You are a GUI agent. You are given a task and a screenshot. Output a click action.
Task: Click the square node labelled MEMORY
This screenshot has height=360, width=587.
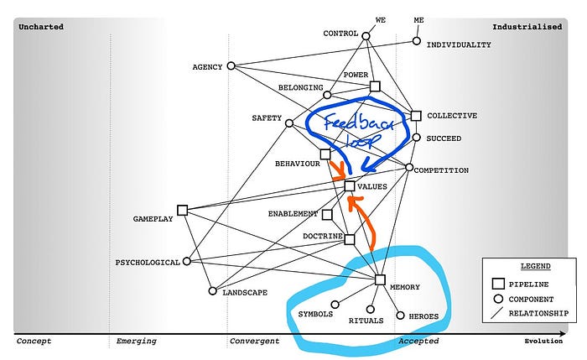point(379,280)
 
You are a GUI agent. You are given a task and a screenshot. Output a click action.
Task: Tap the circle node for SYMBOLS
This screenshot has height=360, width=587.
point(335,305)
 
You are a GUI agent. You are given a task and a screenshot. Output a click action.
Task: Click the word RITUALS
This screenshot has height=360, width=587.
point(365,321)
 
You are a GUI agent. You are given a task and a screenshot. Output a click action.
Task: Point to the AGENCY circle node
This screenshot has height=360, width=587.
point(233,66)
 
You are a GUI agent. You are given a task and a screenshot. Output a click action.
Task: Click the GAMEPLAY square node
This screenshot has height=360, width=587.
point(182,210)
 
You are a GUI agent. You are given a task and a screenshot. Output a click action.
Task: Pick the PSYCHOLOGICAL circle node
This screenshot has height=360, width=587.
point(186,262)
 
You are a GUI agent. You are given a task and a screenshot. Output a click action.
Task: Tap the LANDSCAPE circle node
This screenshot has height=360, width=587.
point(213,291)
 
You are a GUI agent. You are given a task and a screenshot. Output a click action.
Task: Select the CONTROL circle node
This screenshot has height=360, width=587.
point(366,34)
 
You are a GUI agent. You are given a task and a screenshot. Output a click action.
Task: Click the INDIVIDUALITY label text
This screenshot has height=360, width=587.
point(459,44)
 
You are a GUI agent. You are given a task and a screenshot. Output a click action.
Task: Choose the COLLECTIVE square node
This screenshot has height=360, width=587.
point(415,116)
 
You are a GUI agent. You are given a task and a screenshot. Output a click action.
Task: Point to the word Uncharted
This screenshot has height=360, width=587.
point(40,27)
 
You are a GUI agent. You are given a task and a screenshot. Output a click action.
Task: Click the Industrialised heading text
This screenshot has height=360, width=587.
point(527,27)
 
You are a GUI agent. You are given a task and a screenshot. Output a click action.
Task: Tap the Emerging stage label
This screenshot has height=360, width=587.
point(136,341)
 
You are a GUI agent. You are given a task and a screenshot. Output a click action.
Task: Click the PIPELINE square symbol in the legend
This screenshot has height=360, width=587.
point(496,284)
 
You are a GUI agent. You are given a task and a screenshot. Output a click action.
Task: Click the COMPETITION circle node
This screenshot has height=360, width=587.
point(409,168)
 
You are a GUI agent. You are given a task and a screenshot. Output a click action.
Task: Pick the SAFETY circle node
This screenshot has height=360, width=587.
point(289,123)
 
